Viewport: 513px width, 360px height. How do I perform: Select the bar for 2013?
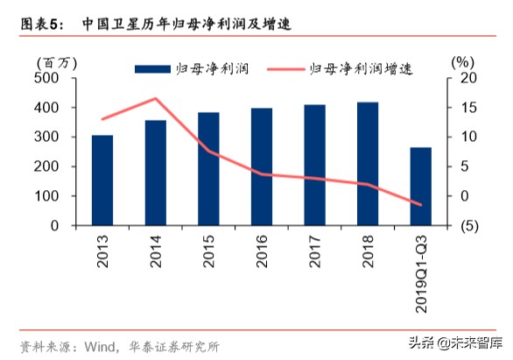pos(102,180)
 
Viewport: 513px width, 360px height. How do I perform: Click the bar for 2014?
pos(155,173)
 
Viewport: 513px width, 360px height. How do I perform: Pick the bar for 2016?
pos(261,166)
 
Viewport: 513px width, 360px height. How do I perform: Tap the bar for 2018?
pos(368,164)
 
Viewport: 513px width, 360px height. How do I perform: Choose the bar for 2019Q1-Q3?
pos(420,187)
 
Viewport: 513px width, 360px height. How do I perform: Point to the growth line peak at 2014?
pos(155,98)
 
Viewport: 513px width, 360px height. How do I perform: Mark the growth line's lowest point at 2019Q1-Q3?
pos(420,205)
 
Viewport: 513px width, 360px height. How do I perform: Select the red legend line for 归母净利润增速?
pos(285,67)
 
